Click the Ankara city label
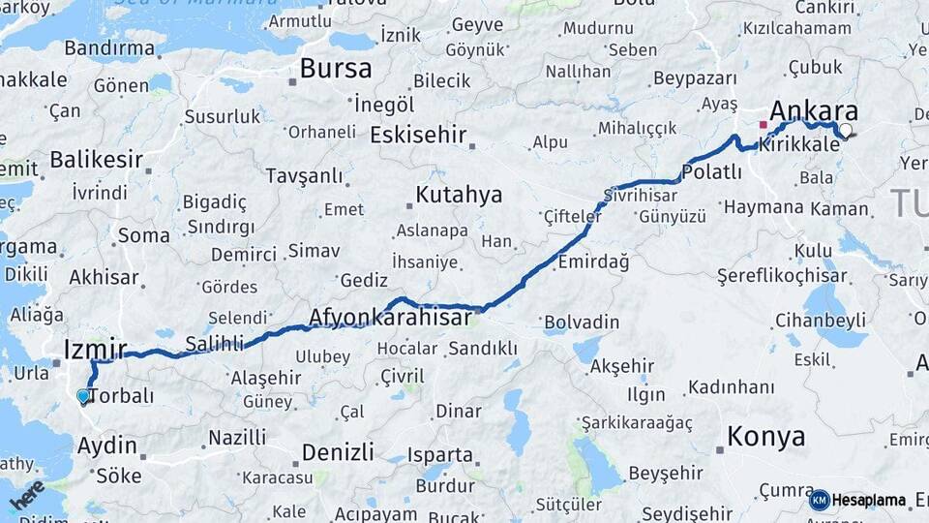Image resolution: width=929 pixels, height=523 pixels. tap(813, 108)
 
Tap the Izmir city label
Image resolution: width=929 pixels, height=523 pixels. tap(95, 349)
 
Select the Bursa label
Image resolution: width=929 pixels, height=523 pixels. tap(335, 69)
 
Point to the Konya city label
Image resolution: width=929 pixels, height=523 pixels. tap(765, 437)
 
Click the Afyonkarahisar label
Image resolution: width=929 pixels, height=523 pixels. tap(390, 317)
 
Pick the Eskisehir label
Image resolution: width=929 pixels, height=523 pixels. tap(418, 135)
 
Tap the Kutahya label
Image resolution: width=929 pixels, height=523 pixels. tap(459, 196)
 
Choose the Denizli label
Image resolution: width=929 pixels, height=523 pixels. tap(338, 452)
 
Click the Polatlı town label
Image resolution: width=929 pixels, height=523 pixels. tap(711, 172)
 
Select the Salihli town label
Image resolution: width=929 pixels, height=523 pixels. tap(215, 344)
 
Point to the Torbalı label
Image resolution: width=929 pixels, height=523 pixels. tap(122, 395)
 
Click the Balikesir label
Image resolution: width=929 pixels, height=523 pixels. tap(96, 160)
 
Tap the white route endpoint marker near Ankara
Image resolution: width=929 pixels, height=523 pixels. tap(846, 130)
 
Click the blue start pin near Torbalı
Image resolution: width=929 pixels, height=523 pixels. tap(83, 395)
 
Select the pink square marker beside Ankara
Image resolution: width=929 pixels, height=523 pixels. tap(763, 125)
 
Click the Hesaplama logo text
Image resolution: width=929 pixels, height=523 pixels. tap(868, 501)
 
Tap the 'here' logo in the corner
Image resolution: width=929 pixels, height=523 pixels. tap(27, 494)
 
